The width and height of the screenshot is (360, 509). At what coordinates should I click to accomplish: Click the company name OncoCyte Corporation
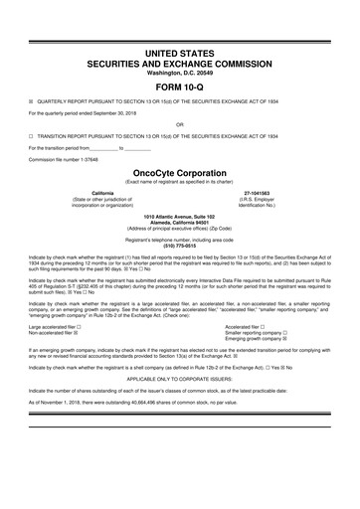179,171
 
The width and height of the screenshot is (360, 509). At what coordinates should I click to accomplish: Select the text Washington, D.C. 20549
179,47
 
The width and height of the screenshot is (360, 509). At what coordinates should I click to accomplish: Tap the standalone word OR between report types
179,124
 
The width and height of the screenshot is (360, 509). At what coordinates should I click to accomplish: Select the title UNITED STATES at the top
179,23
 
